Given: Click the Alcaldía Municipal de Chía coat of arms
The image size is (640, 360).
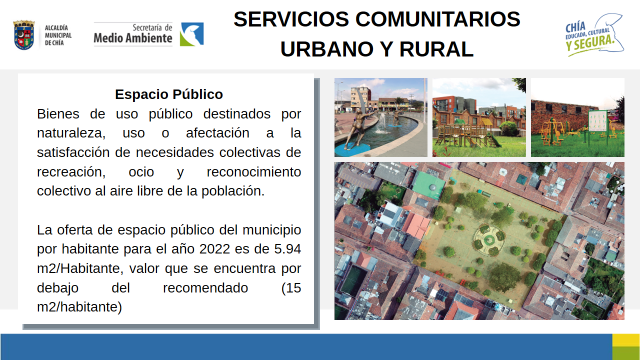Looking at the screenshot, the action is [x=24, y=35].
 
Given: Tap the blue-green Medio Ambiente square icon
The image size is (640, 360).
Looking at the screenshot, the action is [x=191, y=34].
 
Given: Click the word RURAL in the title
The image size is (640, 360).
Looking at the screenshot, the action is [x=436, y=49].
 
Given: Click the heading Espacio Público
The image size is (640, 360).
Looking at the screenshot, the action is [x=169, y=94].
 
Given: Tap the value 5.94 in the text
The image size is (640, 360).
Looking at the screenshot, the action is [x=287, y=249].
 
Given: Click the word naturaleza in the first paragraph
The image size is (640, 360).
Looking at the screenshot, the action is [x=71, y=133].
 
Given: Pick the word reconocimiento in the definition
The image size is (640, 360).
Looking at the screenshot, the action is [x=253, y=172].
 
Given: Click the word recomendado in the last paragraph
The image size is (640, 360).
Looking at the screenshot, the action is [x=205, y=288].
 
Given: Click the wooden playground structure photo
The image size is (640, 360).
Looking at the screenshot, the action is [x=479, y=117].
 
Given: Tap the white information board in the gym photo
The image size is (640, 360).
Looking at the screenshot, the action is [x=597, y=121].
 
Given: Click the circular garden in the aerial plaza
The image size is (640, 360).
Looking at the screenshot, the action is [x=489, y=239].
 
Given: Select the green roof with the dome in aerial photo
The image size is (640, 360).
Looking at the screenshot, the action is [x=429, y=184].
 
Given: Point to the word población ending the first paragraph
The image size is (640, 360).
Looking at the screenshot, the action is [x=233, y=191].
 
